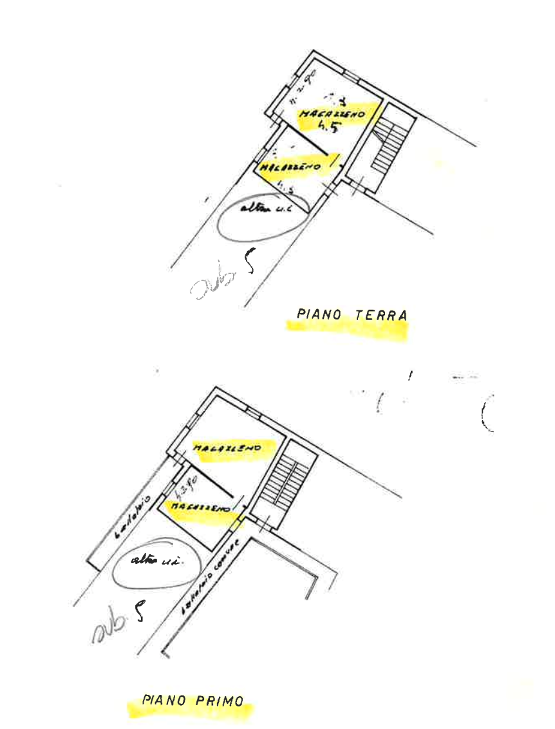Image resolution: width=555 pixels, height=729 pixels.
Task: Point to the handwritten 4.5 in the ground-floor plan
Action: (328, 125)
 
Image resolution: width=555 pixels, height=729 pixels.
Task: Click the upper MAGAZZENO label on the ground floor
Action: (332, 113)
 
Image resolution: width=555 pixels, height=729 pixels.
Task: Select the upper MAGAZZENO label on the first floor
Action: (226, 447)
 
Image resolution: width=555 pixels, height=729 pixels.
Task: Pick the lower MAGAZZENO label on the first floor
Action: (201, 507)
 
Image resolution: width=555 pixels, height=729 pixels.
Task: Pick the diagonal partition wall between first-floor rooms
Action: (201, 475)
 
